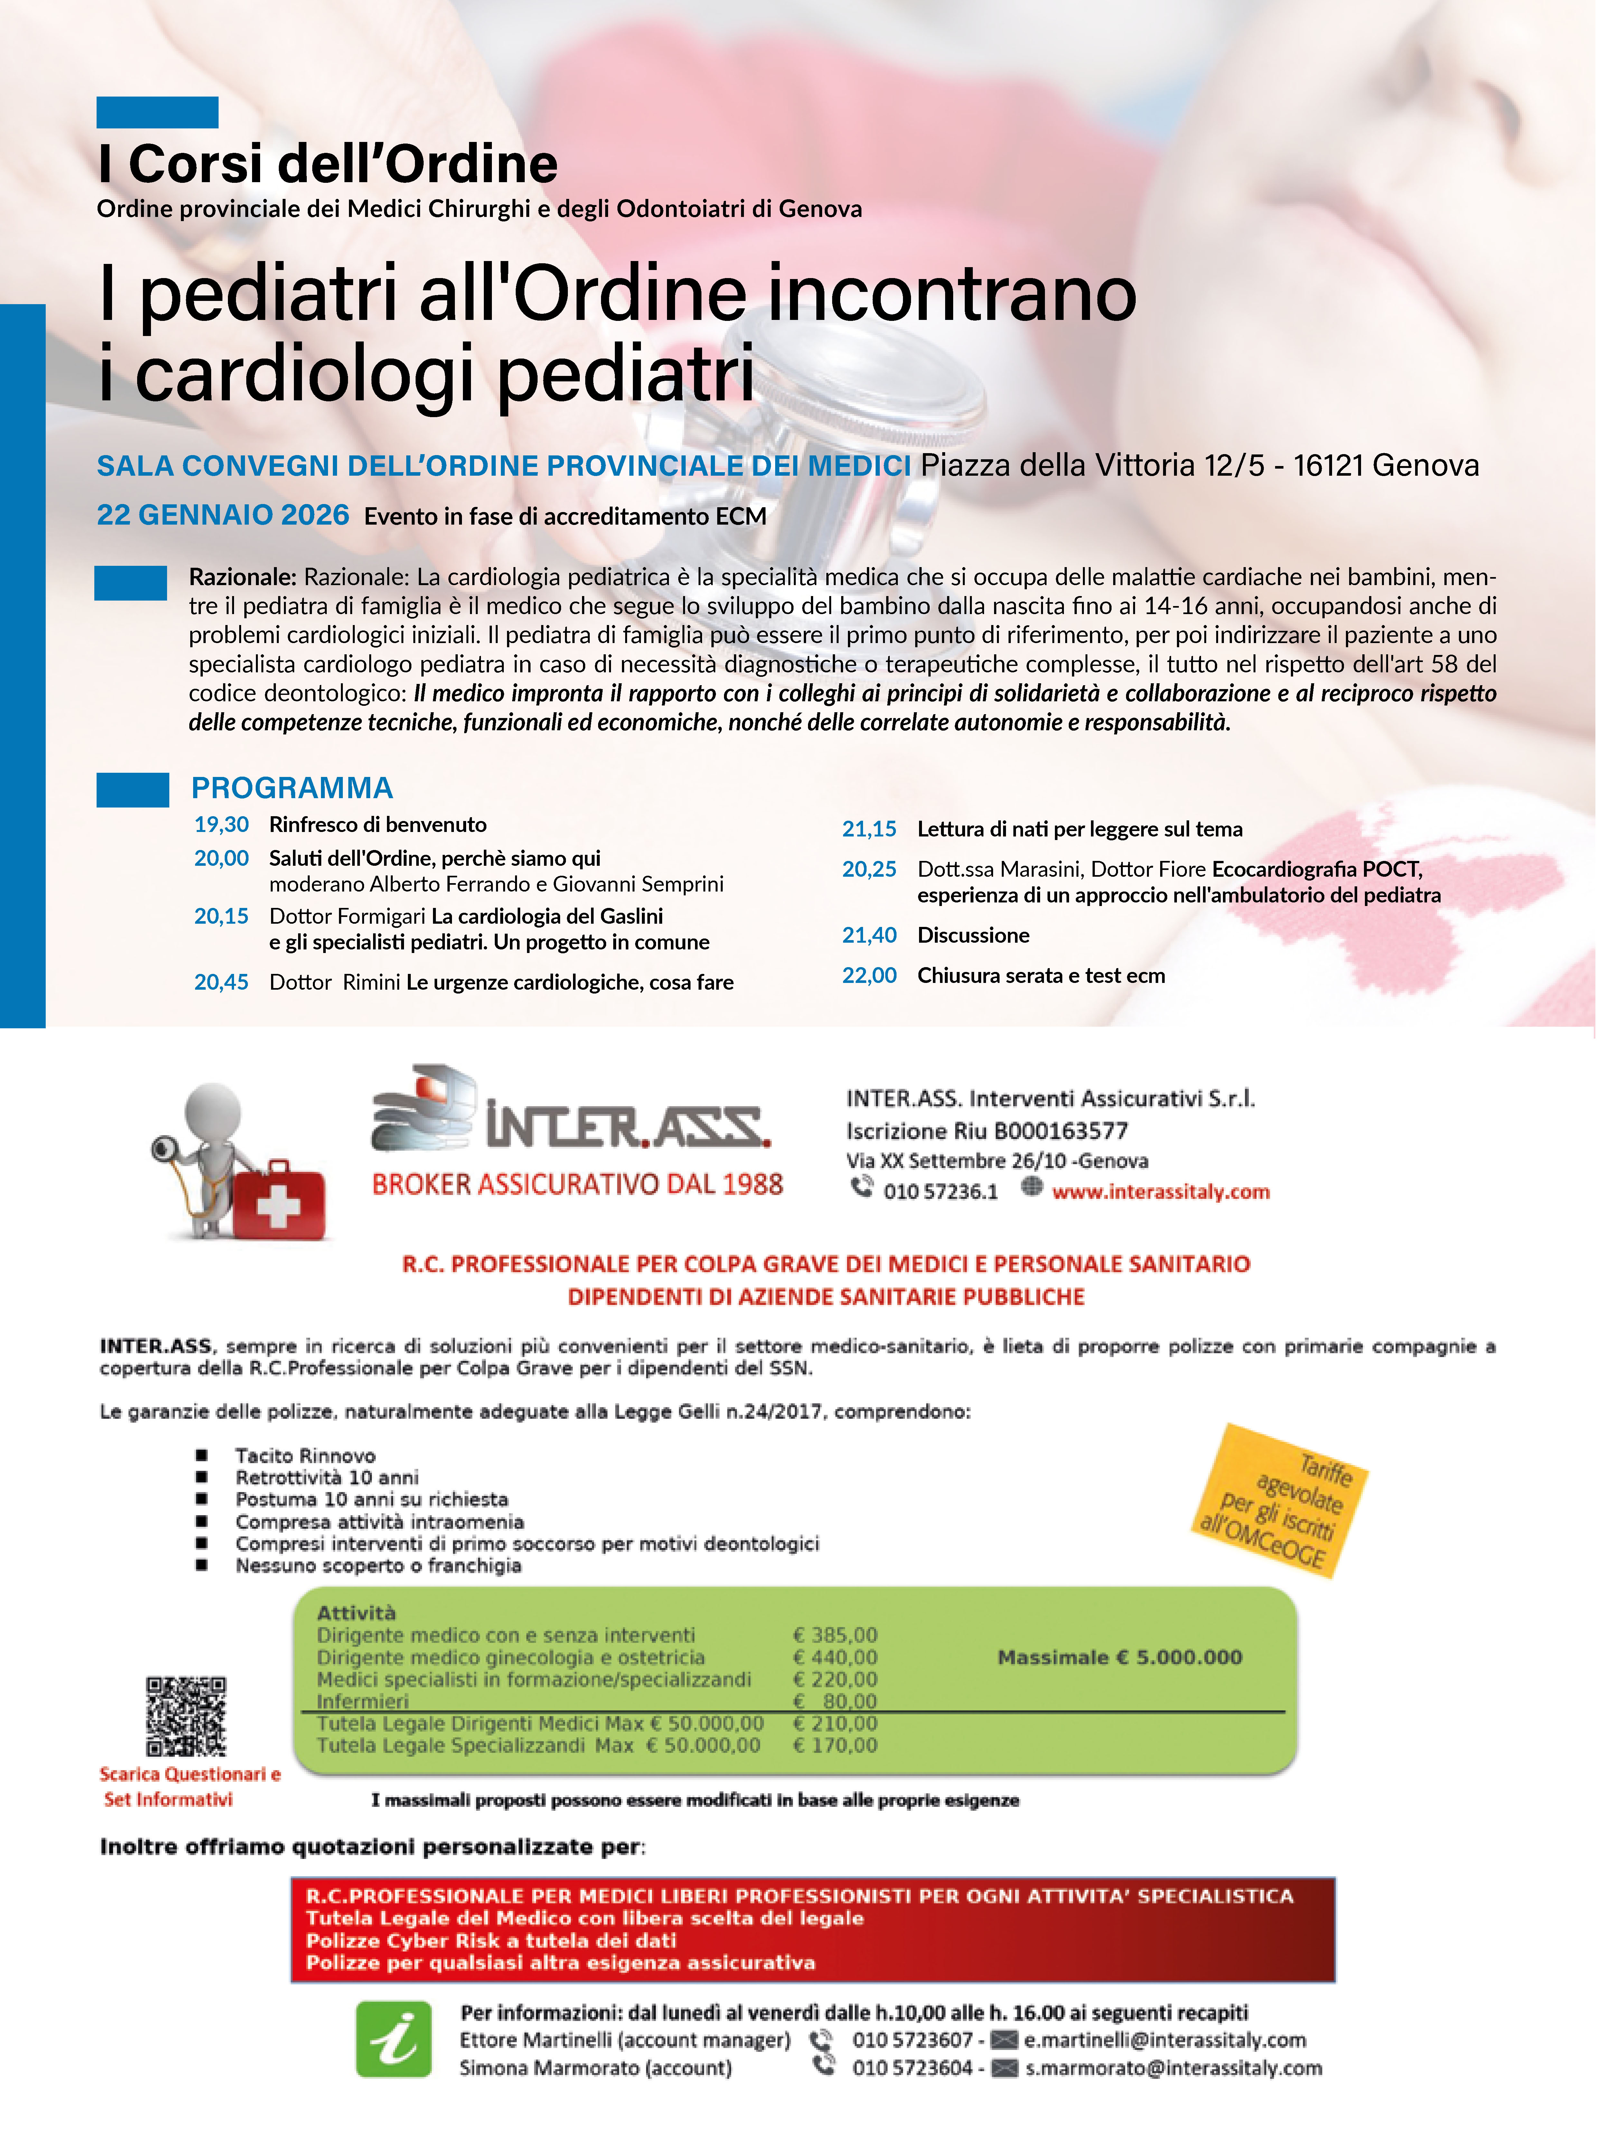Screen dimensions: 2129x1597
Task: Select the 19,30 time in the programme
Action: (221, 825)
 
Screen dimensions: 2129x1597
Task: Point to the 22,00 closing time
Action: (869, 976)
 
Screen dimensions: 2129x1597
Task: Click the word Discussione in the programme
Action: (973, 936)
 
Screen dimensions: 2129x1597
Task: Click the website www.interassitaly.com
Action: (1161, 1191)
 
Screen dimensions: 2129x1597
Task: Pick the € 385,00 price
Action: (835, 1635)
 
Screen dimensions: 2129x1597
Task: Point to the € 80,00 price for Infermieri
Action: (835, 1701)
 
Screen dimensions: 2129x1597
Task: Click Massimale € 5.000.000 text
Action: (1120, 1657)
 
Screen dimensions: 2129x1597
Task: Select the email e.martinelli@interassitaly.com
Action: (1165, 2040)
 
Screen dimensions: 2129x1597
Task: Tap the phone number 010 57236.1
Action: (941, 1191)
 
